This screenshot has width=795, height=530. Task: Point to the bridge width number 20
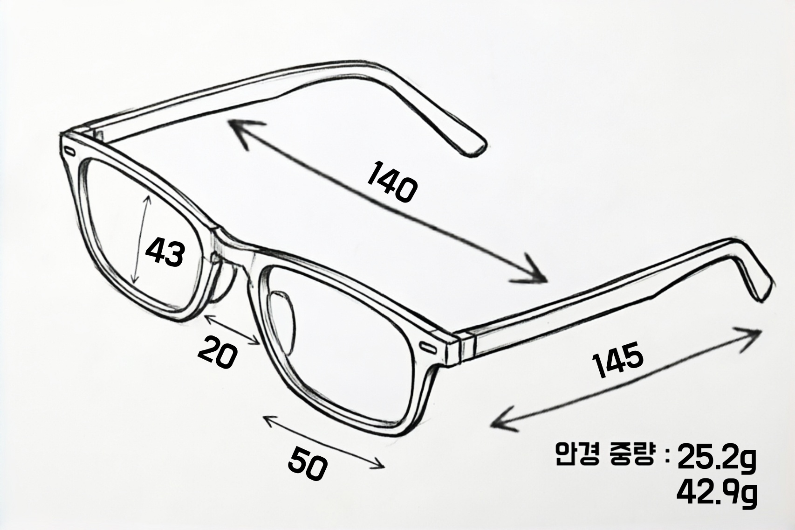click(217, 353)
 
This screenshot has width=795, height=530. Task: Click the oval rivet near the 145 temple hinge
click(428, 348)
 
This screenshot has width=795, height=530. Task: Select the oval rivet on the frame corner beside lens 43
click(69, 151)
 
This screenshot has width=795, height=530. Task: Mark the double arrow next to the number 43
click(141, 240)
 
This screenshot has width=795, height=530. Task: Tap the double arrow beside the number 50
click(323, 442)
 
